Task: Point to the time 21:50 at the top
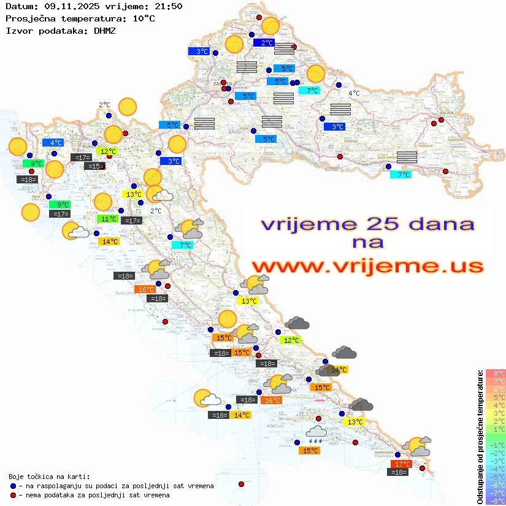tap(168, 6)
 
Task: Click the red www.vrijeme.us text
tap(367, 266)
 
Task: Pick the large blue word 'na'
tap(368, 242)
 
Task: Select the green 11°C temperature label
tap(108, 219)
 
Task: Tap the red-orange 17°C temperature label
tap(401, 464)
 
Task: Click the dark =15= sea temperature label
tap(94, 166)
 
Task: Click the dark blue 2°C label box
tap(266, 43)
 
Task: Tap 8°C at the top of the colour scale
tap(496, 374)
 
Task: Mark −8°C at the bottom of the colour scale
tap(496, 500)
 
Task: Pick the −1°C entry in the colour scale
tap(496, 445)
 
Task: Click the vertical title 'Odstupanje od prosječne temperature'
tap(480, 437)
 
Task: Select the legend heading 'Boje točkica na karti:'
tap(49, 476)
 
